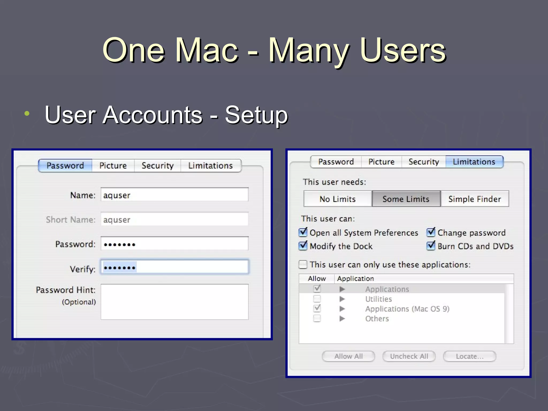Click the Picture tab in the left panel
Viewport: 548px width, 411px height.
(113, 166)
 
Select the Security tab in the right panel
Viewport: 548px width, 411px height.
(424, 162)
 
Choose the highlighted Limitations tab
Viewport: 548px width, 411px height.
(474, 162)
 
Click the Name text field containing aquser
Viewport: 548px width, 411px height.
(174, 195)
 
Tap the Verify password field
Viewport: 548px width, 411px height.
(174, 267)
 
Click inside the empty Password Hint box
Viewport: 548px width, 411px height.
(174, 302)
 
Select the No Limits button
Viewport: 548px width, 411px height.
(337, 199)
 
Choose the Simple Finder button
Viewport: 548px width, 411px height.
(474, 199)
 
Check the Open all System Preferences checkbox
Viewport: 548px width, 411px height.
(303, 232)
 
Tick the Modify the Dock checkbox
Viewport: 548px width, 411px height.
(303, 245)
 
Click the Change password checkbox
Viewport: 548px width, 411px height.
(431, 232)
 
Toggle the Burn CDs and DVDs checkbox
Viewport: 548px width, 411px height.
(431, 245)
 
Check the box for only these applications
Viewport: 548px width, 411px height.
(303, 264)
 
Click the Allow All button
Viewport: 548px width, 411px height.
(348, 356)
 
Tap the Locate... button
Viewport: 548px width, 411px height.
(470, 356)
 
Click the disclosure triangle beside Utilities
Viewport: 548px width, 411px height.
(342, 299)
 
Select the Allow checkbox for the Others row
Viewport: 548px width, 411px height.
(317, 318)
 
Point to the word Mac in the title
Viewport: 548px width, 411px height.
(207, 50)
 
